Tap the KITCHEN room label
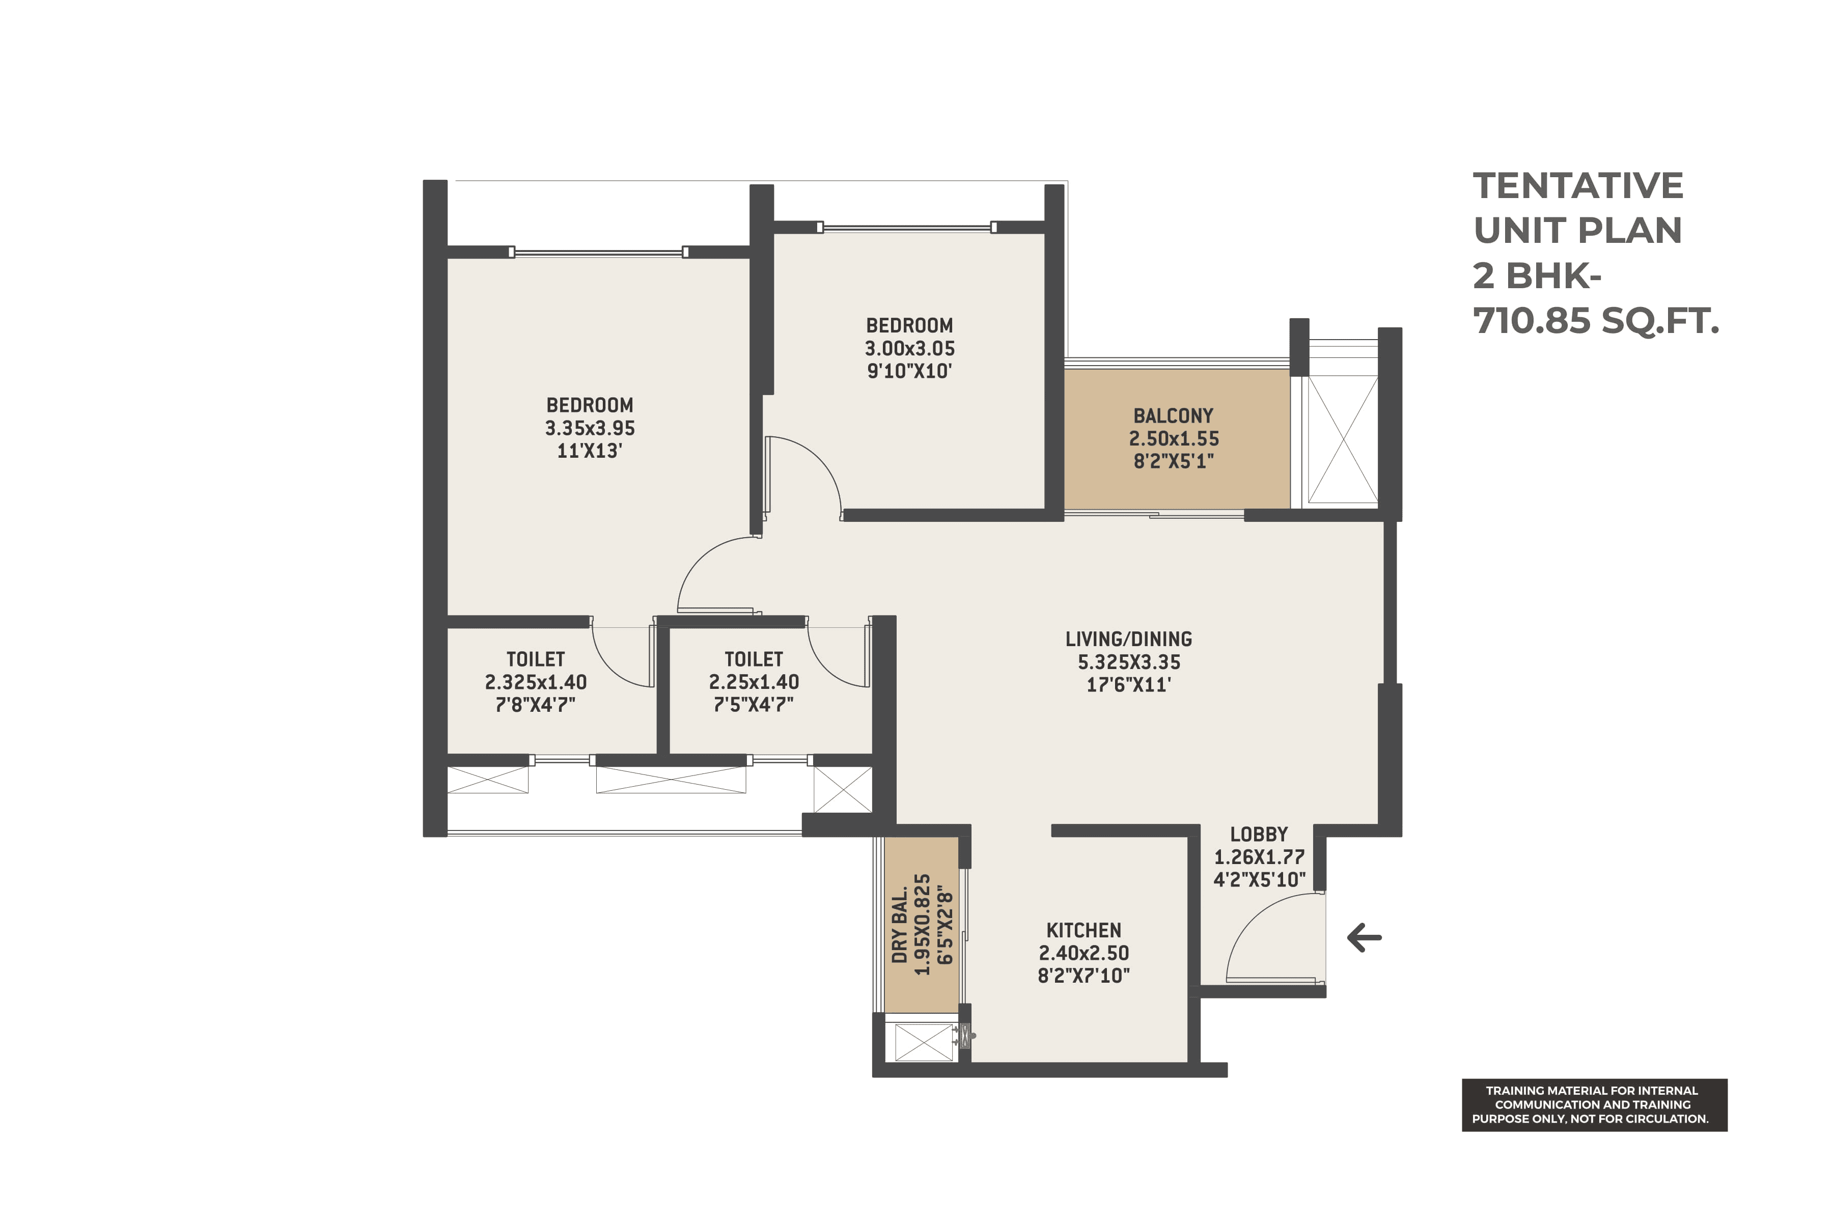[x=1084, y=931]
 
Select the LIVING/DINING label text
[x=1128, y=639]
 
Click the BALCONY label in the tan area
[x=1173, y=416]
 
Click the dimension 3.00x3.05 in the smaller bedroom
[x=909, y=348]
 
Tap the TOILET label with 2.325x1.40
[x=536, y=659]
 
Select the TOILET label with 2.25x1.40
[x=754, y=659]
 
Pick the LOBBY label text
[x=1259, y=834]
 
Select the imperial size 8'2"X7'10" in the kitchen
[x=1084, y=976]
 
